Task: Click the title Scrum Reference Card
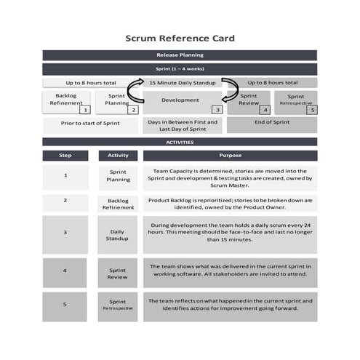coord(180,38)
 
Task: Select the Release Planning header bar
coord(180,55)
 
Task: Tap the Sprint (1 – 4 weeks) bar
coord(180,70)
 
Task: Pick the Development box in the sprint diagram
coord(180,100)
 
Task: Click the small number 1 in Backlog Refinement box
coord(84,110)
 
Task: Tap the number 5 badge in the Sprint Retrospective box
coord(312,110)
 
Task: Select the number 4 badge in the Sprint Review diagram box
coord(265,110)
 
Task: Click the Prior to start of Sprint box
coord(89,124)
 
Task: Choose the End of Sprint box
coord(272,123)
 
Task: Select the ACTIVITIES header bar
coord(180,142)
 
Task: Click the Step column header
coord(65,156)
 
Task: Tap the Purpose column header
coord(230,156)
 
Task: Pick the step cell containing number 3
coord(65,233)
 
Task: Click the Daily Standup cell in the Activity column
coord(118,233)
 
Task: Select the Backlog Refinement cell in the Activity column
coord(118,203)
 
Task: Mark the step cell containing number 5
coord(65,305)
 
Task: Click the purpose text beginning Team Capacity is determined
coord(230,177)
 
